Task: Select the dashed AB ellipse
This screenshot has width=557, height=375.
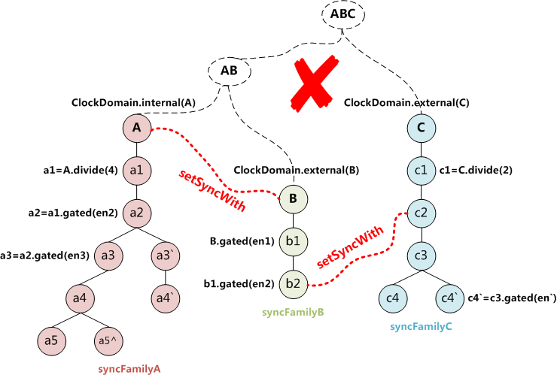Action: tap(228, 71)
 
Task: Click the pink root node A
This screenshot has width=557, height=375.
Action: tap(136, 128)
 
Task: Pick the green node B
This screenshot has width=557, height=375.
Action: tap(294, 199)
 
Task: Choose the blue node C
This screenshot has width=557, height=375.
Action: tap(422, 128)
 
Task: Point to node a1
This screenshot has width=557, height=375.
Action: tap(136, 170)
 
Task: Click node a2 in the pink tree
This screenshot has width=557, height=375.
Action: tap(136, 213)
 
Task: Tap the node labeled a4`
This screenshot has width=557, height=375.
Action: tap(166, 298)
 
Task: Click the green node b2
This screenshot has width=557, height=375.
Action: tap(294, 283)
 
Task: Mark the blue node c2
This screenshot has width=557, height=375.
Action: tap(422, 213)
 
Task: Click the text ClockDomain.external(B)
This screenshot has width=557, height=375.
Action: tap(297, 171)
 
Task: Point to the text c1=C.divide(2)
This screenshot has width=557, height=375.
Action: tap(475, 170)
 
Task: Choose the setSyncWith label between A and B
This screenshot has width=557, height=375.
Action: tap(212, 191)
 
